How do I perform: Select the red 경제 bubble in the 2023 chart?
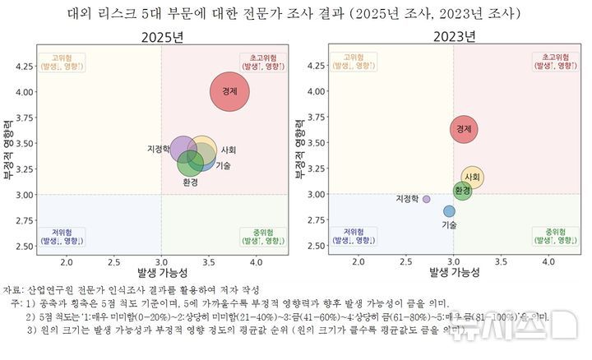tap(464, 128)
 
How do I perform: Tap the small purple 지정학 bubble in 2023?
tap(426, 199)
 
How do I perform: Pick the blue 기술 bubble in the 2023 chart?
tap(449, 211)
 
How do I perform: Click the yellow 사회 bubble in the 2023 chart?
tap(472, 177)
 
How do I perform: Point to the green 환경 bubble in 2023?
tap(463, 192)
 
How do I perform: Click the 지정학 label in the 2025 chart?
tap(158, 150)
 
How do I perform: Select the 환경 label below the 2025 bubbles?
tap(191, 182)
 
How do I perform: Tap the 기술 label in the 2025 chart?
tap(223, 165)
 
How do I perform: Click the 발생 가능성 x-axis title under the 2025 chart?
tap(161, 273)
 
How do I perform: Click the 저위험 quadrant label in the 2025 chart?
tap(63, 236)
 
